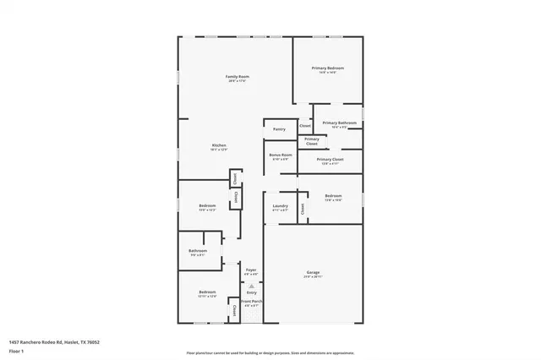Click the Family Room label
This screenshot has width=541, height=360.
[x=237, y=76]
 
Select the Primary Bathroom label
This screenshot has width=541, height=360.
[x=339, y=123]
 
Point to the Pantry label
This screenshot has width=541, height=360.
[x=279, y=129]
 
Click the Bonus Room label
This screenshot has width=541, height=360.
[x=281, y=155]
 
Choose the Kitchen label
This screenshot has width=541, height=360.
[x=219, y=145]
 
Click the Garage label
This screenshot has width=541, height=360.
[x=313, y=272]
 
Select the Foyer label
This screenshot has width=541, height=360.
[x=251, y=270]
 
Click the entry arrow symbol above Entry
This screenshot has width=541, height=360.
[x=251, y=286]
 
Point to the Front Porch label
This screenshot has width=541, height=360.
[x=251, y=302]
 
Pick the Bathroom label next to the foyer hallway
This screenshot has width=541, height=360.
[x=198, y=250]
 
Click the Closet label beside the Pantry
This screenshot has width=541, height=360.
[x=305, y=126]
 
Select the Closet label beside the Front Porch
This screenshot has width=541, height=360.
[x=234, y=310]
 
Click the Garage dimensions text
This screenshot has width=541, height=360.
[x=313, y=276]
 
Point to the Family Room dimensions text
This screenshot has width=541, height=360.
[x=237, y=80]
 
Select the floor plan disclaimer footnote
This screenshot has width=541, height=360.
[x=270, y=353]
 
